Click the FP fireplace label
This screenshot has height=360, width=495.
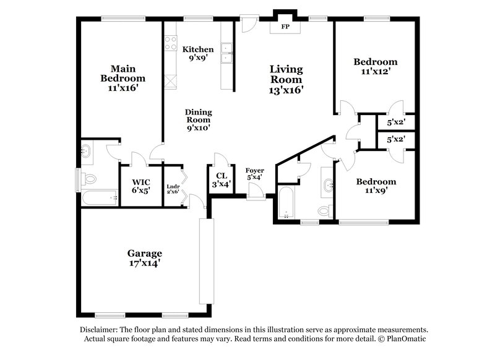pos(285,27)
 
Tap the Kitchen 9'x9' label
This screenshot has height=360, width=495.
pos(199,54)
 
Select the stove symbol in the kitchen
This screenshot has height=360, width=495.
pos(170,43)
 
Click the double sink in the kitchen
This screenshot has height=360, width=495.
pos(226,53)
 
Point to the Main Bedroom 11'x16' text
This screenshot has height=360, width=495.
pos(123,78)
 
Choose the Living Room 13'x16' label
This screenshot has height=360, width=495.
pos(286,79)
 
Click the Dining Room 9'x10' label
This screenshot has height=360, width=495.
pos(198,120)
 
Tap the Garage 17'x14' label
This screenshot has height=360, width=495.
pos(145,258)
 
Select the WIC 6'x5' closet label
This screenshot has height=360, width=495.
pos(140,186)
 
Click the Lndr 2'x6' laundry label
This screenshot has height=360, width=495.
pos(173,189)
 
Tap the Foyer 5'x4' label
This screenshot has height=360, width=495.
pos(255,174)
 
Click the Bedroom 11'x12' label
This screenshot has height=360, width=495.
pos(375,67)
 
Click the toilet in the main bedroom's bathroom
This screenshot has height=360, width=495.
pos(90,179)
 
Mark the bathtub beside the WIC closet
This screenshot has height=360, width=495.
pos(100,199)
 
